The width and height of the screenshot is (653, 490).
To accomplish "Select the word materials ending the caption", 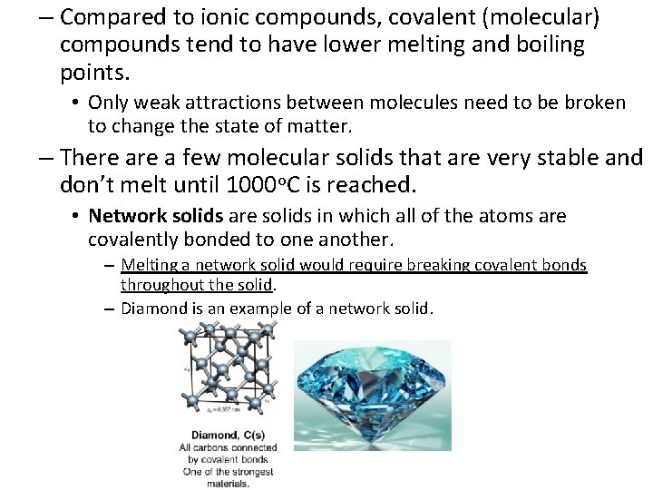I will (226, 484).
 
